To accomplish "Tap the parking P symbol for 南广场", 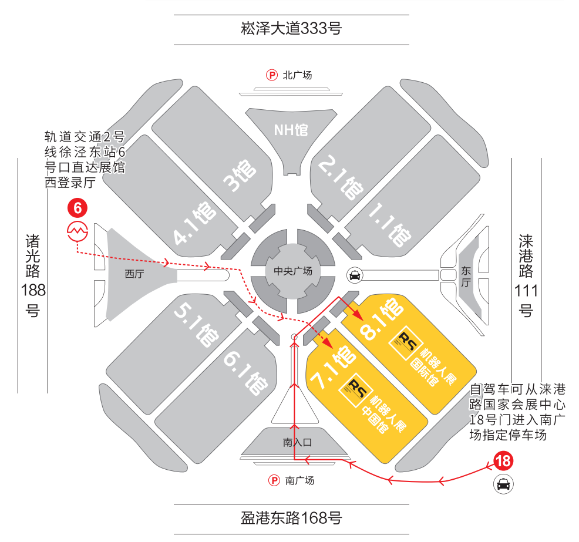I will click(x=274, y=480).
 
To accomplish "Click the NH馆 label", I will click(x=291, y=130).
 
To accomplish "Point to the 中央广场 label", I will click(x=292, y=271).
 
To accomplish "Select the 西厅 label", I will click(x=135, y=273).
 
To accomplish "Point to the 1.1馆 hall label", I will click(x=389, y=225).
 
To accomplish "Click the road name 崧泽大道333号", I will click(x=291, y=28).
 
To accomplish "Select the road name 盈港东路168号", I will click(x=291, y=519).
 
